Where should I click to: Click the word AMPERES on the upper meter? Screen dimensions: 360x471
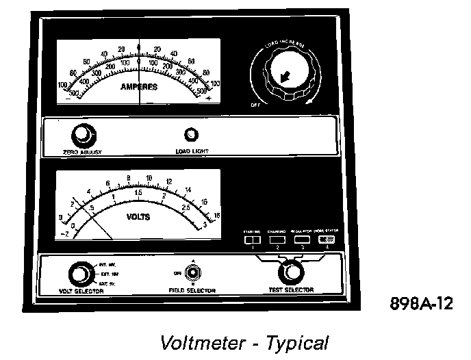(x=139, y=87)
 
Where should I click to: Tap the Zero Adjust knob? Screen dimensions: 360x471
(x=82, y=134)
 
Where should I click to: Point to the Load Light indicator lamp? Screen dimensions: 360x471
(x=192, y=134)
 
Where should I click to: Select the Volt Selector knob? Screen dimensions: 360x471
(x=80, y=274)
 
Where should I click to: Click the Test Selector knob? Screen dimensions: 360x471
(x=294, y=272)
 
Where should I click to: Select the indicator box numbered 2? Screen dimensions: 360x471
(x=277, y=240)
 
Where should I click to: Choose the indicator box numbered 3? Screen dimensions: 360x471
(x=302, y=240)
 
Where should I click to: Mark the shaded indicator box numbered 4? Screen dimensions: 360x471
(x=327, y=240)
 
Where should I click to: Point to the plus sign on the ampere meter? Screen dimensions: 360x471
(x=208, y=100)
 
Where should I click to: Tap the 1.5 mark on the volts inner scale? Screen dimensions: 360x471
(x=138, y=193)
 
